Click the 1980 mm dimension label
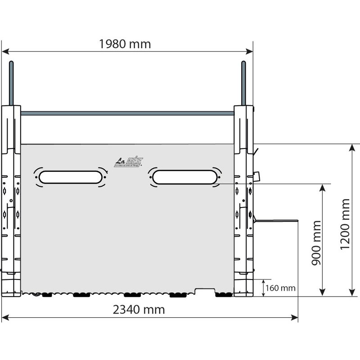[x=125, y=44]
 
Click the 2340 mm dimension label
[x=139, y=310]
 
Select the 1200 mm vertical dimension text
[x=346, y=224]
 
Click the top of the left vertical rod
[x=12, y=64]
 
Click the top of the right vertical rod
[x=243, y=64]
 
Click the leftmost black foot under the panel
[x=47, y=295]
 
